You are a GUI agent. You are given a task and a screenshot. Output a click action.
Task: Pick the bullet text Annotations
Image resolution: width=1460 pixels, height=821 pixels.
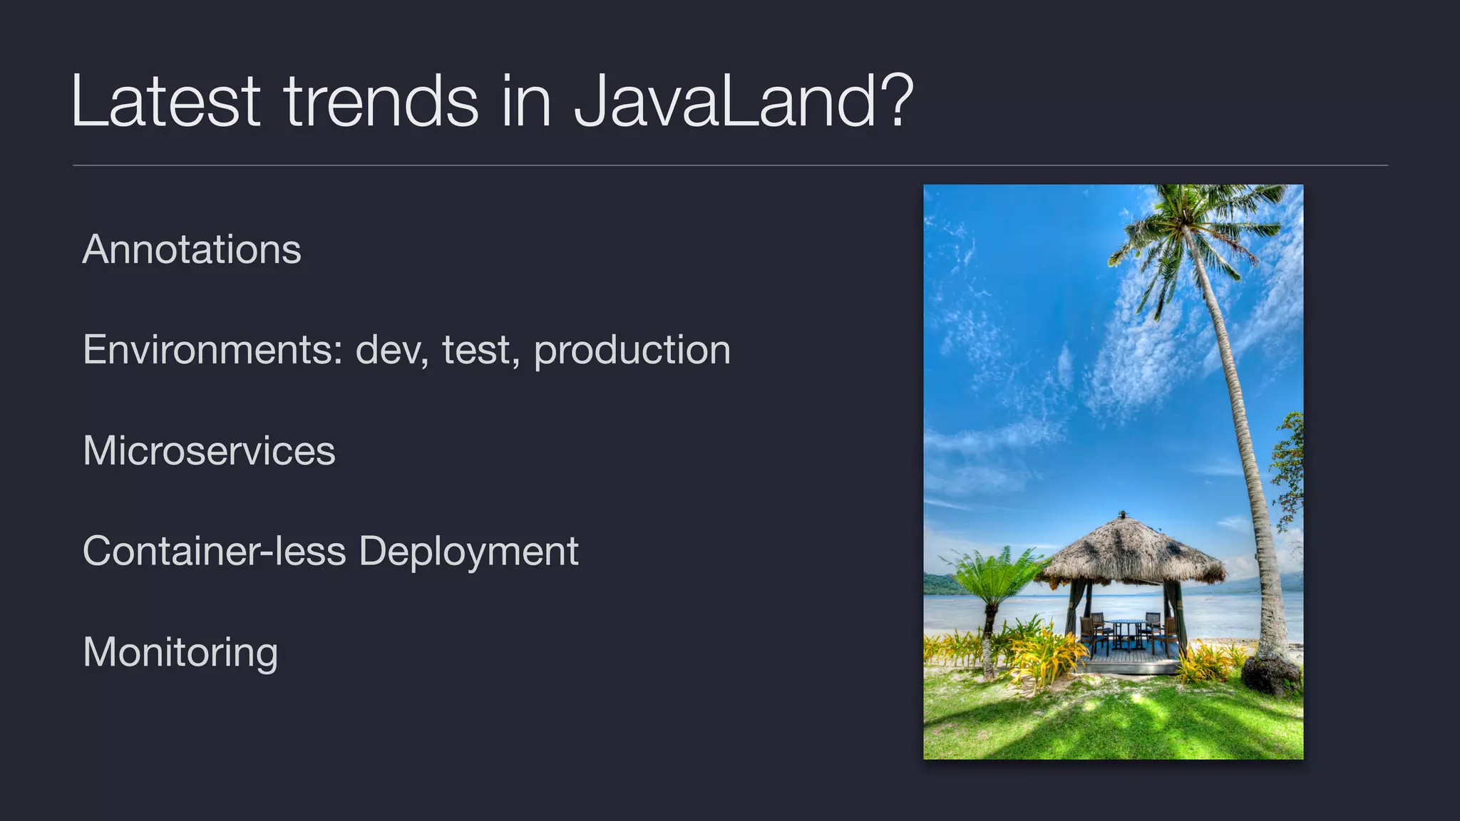192,249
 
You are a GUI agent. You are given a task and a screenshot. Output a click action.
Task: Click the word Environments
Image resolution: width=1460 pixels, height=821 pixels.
213,350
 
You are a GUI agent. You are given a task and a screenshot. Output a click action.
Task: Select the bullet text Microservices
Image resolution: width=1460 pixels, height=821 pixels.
209,451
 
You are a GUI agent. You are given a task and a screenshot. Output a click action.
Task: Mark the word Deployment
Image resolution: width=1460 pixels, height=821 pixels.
468,552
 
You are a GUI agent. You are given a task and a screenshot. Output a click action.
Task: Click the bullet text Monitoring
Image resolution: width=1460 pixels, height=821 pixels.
180,653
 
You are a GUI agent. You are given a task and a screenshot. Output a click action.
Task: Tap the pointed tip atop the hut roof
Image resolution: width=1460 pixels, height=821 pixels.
1124,513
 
